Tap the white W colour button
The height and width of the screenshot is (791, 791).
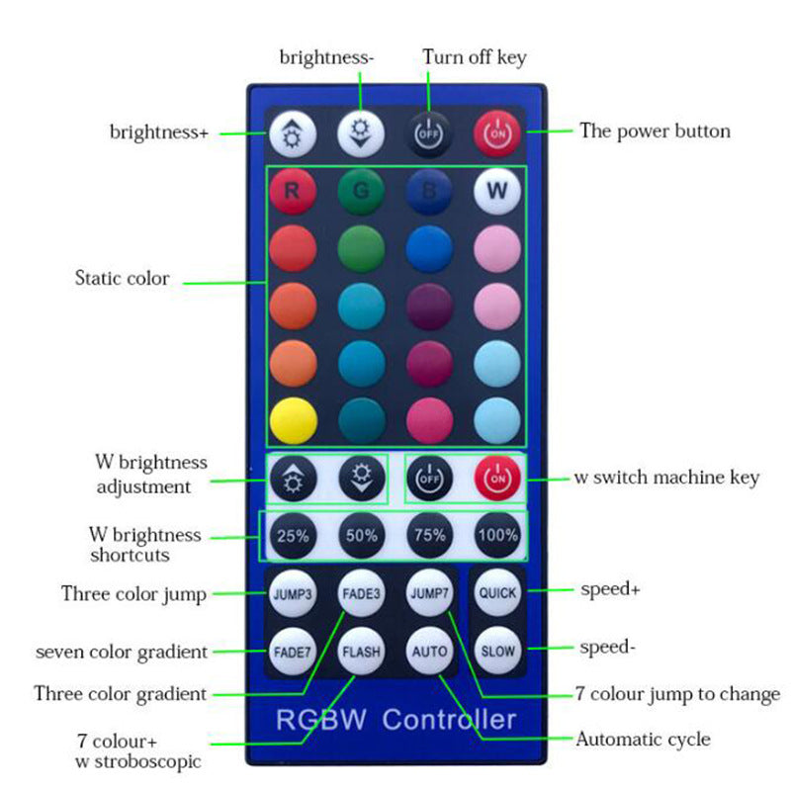[497, 191]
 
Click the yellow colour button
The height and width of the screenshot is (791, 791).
[293, 421]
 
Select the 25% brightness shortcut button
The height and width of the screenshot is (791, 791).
[293, 535]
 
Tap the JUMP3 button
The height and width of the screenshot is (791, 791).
[293, 593]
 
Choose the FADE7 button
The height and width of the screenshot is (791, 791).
[293, 652]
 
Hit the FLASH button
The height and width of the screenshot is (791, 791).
[361, 652]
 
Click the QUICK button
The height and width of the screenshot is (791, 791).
[497, 592]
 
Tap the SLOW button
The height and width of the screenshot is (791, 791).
[497, 651]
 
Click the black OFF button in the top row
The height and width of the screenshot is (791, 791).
[429, 134]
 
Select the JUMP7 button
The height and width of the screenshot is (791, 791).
[429, 592]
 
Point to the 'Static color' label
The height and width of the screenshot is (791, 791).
[122, 278]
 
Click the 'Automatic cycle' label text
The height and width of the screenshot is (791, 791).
[644, 740]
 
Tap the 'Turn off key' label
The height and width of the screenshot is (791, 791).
[475, 57]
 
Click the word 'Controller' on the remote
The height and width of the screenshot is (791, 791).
[449, 719]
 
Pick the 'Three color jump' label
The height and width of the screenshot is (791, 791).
[133, 594]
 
